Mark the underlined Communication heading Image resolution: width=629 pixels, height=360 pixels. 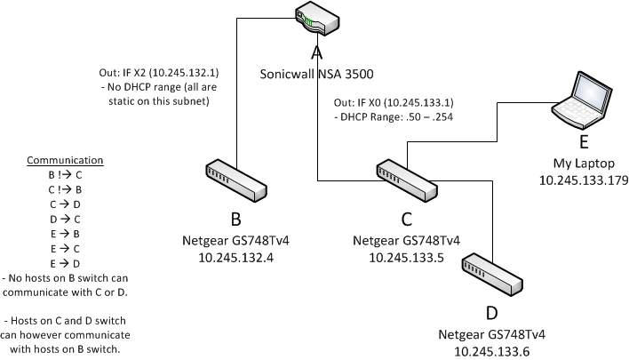65,161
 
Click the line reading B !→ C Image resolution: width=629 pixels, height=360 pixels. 65,175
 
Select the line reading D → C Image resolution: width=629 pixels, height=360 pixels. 65,217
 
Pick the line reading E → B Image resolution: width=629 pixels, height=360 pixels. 65,231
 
